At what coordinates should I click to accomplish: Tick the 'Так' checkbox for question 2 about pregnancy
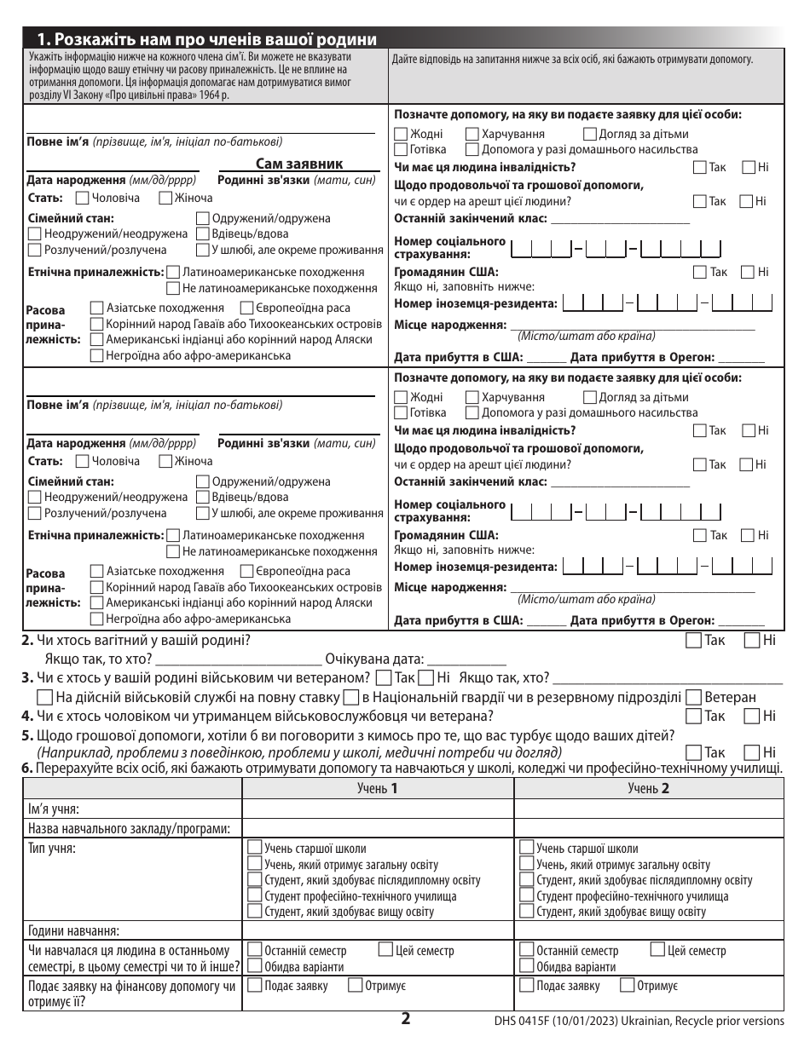pyautogui.click(x=694, y=641)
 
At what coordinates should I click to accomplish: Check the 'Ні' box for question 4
pyautogui.click(x=752, y=716)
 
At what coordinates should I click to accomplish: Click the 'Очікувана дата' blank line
pyautogui.click(x=466, y=659)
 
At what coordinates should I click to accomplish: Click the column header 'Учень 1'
pyautogui.click(x=378, y=789)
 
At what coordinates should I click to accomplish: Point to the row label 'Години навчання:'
pyautogui.click(x=73, y=930)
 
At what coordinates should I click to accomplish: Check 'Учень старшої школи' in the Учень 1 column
pyautogui.click(x=254, y=849)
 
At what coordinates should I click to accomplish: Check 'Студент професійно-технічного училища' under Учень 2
pyautogui.click(x=526, y=896)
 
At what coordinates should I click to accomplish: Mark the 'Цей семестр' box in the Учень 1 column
pyautogui.click(x=385, y=950)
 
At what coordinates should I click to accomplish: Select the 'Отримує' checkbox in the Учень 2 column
pyautogui.click(x=627, y=986)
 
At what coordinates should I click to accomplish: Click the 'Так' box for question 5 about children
pyautogui.click(x=694, y=752)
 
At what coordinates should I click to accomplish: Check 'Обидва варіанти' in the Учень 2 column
pyautogui.click(x=526, y=966)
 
